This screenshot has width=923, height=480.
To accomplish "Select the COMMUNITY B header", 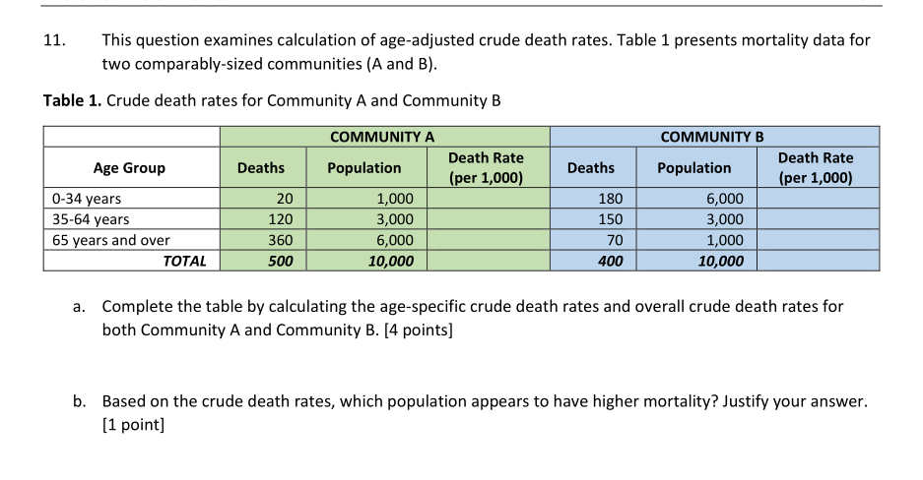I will [712, 137].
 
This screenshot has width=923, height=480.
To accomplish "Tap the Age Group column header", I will [129, 168].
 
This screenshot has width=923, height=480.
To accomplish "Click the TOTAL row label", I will [185, 261].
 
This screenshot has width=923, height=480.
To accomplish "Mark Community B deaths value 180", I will [610, 199].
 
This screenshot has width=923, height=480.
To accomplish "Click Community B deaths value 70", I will [614, 240].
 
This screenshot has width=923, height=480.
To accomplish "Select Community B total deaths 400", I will [610, 261].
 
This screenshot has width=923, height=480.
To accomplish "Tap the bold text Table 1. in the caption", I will [73, 100].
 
